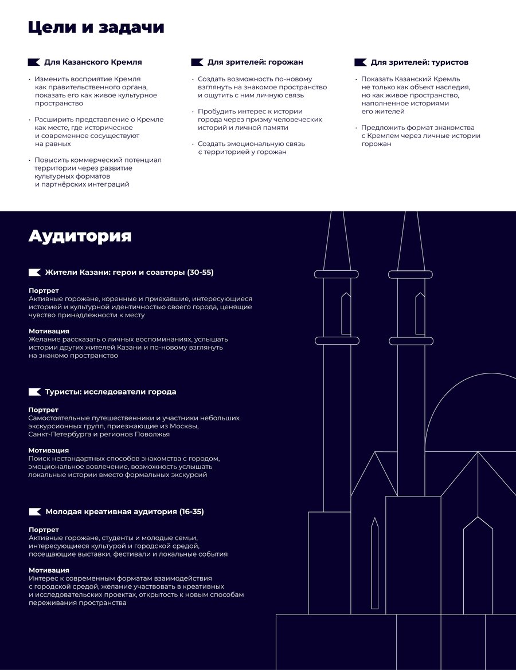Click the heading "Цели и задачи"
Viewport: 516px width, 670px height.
tap(96, 27)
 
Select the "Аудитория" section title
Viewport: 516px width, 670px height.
tap(80, 235)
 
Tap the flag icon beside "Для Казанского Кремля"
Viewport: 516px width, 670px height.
tap(34, 62)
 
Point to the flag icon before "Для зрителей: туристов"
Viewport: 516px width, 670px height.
tap(360, 62)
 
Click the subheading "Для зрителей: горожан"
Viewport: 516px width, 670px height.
tap(255, 62)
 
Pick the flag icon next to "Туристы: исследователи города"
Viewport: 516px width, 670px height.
tap(34, 392)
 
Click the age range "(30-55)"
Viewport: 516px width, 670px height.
tap(200, 273)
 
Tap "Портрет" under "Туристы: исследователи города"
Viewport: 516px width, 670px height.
tap(44, 410)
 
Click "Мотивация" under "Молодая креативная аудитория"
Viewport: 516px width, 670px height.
tap(49, 570)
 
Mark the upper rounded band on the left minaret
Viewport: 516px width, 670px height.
tap(337, 274)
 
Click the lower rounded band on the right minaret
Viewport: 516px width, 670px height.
tap(411, 341)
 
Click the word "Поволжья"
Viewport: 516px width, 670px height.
tap(152, 434)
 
